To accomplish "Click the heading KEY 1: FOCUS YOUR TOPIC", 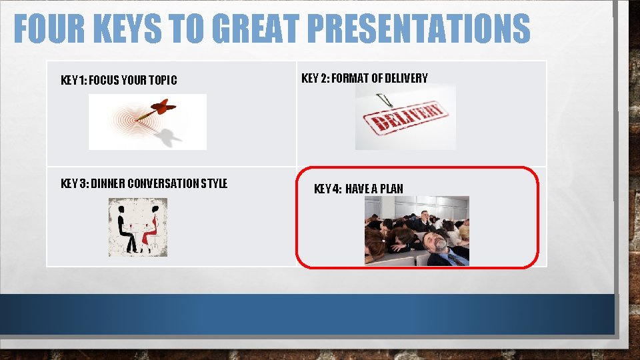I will (x=119, y=81).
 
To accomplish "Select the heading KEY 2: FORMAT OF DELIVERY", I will (x=365, y=78).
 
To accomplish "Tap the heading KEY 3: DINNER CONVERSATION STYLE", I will (x=143, y=183).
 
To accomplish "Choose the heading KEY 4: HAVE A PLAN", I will (x=358, y=189).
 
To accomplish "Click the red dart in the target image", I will (x=161, y=107).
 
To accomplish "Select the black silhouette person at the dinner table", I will (x=123, y=227).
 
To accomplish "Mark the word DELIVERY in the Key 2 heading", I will (x=406, y=78).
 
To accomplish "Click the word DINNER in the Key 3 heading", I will (x=106, y=183).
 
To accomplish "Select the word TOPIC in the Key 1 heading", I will (x=163, y=81).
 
